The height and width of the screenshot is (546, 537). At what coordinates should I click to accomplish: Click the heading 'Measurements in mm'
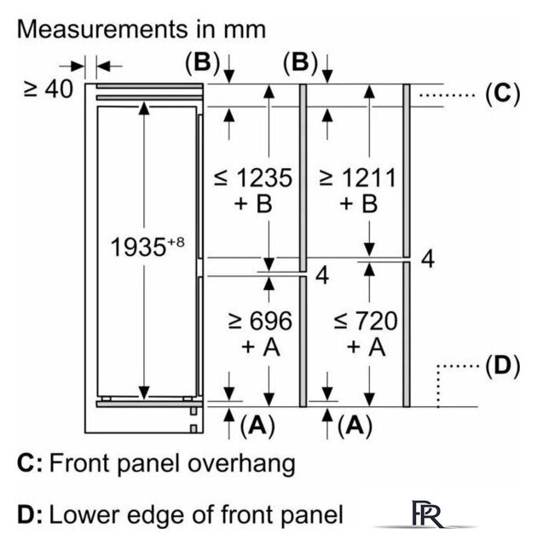141,29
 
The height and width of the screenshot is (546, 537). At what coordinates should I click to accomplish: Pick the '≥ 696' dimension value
259,322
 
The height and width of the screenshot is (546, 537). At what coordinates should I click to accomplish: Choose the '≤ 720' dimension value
365,322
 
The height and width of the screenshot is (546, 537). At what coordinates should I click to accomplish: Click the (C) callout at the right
500,93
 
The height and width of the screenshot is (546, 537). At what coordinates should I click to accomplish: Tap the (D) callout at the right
501,367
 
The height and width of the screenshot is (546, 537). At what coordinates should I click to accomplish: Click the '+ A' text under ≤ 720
366,347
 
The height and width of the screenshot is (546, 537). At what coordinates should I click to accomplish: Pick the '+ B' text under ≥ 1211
357,205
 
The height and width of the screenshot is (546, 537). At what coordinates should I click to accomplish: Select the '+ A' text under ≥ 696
259,347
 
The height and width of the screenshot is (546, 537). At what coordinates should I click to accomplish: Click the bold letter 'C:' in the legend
29,464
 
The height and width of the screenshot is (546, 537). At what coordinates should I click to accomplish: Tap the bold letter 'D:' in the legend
30,515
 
